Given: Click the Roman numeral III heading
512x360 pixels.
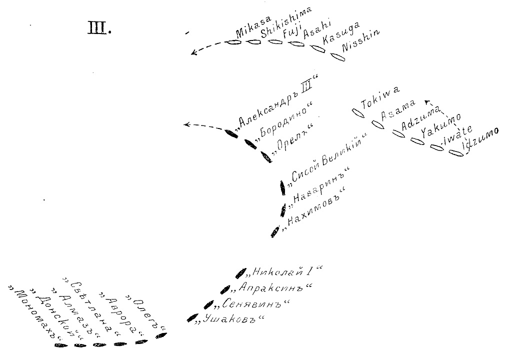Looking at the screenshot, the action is pos(99,28).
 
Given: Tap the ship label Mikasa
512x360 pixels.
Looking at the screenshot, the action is pos(253,26).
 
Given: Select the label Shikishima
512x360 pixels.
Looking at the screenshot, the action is pos(286,21).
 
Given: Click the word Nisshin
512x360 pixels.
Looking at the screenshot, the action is pos(361,41).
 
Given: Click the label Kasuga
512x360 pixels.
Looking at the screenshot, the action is pos(341,33).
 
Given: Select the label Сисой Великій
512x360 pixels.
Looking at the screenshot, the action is pos(325,159).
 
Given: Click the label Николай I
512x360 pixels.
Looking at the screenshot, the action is pos(283,271).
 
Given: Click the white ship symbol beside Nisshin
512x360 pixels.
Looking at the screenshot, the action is pos(338,56).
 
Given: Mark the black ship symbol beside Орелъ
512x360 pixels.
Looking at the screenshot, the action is pos(266,157).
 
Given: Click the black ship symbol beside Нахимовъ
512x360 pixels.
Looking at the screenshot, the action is pos(275,231).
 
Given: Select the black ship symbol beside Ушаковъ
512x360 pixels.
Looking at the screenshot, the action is pos(192,317).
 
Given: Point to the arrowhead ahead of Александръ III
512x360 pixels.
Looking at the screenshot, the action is pos(187,124).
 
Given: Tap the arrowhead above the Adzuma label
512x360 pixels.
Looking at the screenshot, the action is pos(427,102).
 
